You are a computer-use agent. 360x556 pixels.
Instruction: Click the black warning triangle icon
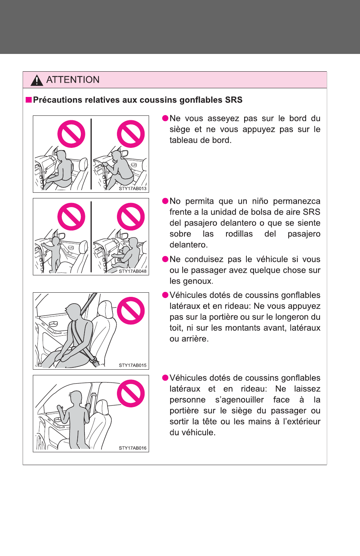pyautogui.click(x=37, y=80)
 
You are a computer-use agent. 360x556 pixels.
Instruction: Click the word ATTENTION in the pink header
pyautogui.click(x=73, y=80)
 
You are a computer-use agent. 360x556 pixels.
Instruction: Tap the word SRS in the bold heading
pyautogui.click(x=234, y=100)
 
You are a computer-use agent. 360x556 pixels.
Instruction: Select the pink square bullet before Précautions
pyautogui.click(x=29, y=100)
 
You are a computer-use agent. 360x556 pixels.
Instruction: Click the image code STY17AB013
pyautogui.click(x=132, y=188)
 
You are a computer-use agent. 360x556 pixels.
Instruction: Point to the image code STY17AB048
pyautogui.click(x=132, y=271)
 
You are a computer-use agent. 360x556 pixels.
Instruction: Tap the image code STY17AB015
pyautogui.click(x=132, y=366)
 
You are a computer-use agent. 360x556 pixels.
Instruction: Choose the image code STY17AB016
pyautogui.click(x=132, y=448)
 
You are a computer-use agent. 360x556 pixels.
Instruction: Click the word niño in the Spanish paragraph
pyautogui.click(x=260, y=201)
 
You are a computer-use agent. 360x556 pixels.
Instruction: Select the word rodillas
pyautogui.click(x=239, y=234)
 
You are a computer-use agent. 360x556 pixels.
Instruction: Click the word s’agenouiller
pyautogui.click(x=239, y=400)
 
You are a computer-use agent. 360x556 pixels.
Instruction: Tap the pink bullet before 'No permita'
pyautogui.click(x=165, y=201)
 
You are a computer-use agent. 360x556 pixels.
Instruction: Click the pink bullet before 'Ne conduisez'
pyautogui.click(x=165, y=259)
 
